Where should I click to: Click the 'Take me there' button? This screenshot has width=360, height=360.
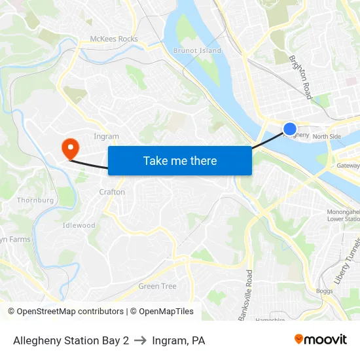click(179, 160)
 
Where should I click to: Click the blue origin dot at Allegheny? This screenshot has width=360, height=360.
click(289, 129)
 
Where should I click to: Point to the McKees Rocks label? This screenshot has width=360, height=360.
click(114, 39)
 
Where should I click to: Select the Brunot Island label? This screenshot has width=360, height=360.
click(197, 50)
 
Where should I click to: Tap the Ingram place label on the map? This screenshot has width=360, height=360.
click(107, 137)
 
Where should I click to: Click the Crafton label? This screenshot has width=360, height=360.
click(111, 192)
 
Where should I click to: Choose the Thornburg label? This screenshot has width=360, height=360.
click(35, 200)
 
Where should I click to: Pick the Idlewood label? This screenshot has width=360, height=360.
click(79, 225)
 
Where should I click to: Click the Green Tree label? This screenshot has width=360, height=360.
click(157, 286)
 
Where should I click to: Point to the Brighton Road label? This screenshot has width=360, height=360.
click(300, 77)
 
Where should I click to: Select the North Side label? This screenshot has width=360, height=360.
click(327, 137)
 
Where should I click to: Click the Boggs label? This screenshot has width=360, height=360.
click(324, 291)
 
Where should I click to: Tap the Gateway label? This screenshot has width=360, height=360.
click(348, 166)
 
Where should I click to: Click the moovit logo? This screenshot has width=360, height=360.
click(321, 339)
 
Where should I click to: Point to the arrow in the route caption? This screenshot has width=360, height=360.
click(140, 340)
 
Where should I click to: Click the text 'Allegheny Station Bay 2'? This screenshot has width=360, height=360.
click(71, 340)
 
